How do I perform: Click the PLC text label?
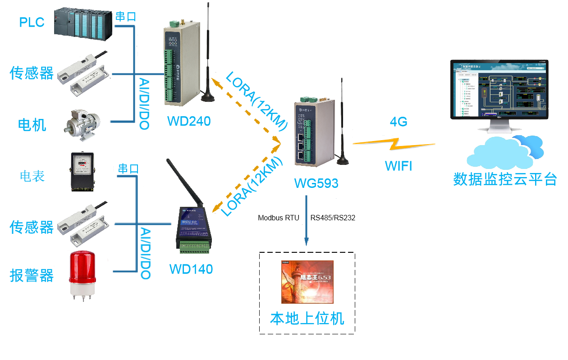click(x=32, y=22)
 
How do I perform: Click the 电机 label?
click(x=32, y=125)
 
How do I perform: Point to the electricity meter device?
click(x=82, y=171)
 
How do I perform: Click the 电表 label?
click(x=32, y=176)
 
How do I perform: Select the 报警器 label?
click(x=32, y=275)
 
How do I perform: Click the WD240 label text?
click(x=188, y=121)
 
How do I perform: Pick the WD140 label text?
click(x=191, y=269)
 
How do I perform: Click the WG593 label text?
click(x=316, y=183)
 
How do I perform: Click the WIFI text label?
click(x=399, y=166)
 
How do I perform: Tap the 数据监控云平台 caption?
click(x=505, y=179)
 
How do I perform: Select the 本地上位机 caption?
click(x=307, y=319)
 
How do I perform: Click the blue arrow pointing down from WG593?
click(x=307, y=221)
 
